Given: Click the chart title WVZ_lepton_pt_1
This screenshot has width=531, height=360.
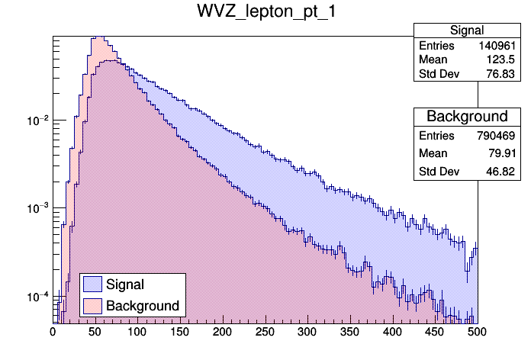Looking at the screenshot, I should (265, 14).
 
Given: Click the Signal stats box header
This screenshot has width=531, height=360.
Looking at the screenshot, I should (466, 31).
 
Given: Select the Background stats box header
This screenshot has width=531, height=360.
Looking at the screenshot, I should (466, 116).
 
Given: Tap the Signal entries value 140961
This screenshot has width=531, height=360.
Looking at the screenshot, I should (499, 46).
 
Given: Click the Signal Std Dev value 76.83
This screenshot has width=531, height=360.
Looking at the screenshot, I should (504, 75).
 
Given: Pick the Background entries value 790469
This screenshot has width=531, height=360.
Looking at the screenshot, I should (499, 135).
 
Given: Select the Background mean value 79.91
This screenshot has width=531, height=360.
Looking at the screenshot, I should (504, 153).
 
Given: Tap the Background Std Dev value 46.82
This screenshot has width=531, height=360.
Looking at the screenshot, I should (504, 172).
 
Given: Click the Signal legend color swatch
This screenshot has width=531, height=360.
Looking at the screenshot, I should (93, 284).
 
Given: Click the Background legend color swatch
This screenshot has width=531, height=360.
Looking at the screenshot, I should (93, 306).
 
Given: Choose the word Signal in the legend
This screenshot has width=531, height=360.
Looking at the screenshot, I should (125, 284).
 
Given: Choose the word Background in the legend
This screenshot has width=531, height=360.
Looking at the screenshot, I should (143, 306).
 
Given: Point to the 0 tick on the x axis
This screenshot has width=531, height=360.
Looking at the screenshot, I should (53, 333).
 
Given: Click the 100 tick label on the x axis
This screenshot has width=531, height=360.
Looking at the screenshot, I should (137, 333).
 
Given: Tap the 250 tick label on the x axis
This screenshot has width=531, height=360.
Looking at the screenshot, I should (265, 333).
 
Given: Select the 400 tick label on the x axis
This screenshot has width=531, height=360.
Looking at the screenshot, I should (391, 333).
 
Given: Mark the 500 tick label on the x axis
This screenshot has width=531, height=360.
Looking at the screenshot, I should (476, 333).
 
